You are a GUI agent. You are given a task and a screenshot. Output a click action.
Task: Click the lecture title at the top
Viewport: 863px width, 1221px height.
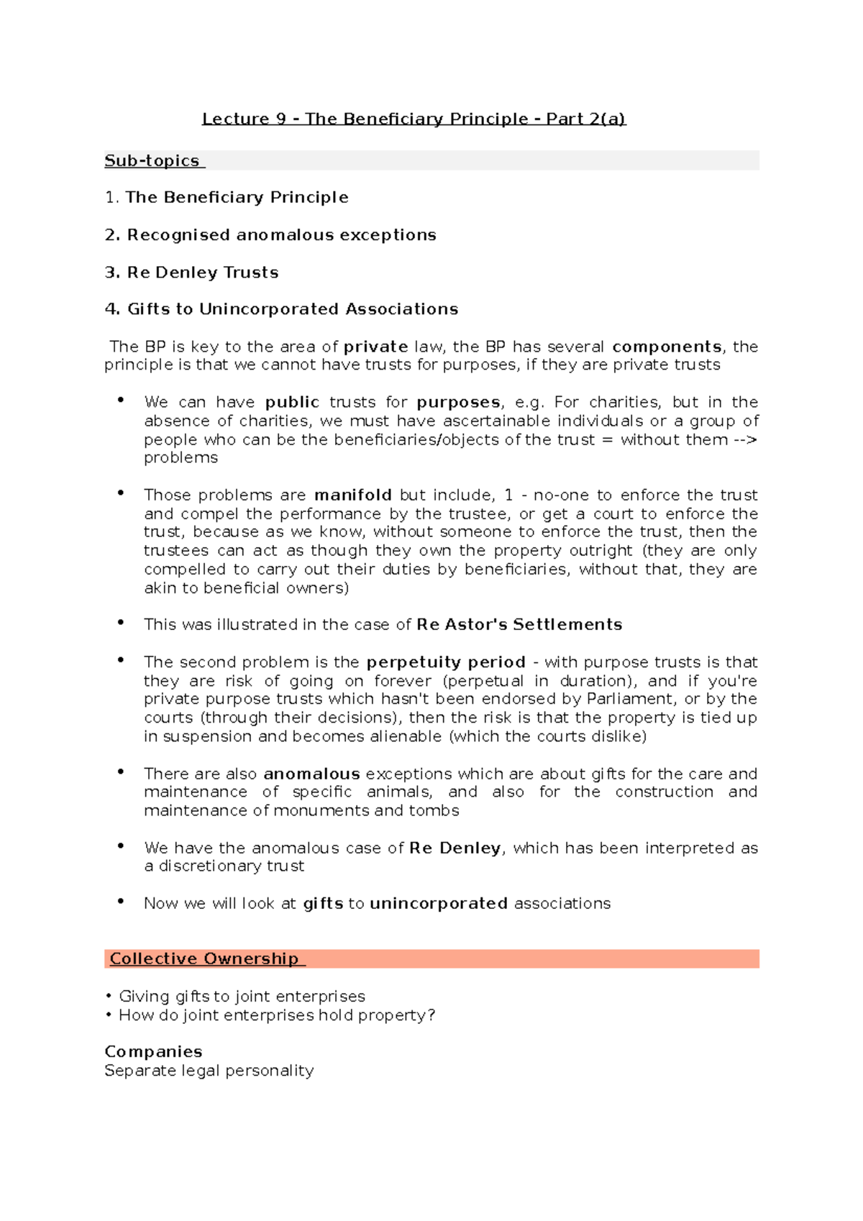coord(414,119)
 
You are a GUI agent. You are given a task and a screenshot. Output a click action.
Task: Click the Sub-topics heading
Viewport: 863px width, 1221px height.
coord(152,161)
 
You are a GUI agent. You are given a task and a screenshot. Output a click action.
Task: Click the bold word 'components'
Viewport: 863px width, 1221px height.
coord(667,347)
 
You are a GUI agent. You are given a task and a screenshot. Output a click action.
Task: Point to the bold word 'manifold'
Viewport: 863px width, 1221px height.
coord(352,495)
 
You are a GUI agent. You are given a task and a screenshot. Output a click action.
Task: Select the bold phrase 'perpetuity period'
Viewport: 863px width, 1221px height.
coord(446,662)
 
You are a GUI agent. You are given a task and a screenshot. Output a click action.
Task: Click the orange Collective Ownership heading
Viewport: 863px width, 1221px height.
coord(205,959)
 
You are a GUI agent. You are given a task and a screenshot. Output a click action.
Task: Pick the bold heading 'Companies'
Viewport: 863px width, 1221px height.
coord(153,1052)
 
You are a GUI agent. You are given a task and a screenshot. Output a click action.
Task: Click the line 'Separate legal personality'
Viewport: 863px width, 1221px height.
coord(209,1071)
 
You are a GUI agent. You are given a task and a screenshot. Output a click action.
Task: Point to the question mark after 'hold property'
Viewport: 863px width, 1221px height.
coord(431,1015)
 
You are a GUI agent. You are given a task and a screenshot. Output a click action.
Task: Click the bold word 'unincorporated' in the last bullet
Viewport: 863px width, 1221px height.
coord(439,904)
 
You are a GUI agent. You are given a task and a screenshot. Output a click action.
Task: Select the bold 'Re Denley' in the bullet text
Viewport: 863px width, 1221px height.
coord(455,849)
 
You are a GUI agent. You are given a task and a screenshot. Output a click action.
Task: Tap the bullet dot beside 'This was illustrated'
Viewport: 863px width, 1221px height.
coord(121,623)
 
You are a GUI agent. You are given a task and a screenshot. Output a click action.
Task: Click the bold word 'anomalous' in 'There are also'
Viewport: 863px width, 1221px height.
coord(311,774)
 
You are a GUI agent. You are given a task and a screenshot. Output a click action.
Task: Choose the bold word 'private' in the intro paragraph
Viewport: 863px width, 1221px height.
coord(375,347)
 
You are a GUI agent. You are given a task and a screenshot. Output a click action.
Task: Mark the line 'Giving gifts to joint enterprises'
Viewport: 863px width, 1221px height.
coord(242,997)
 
